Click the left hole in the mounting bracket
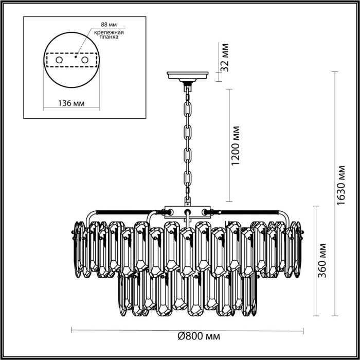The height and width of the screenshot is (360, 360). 59,61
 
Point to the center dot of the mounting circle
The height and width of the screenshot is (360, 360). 76,58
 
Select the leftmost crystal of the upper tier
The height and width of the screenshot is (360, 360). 80,247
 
